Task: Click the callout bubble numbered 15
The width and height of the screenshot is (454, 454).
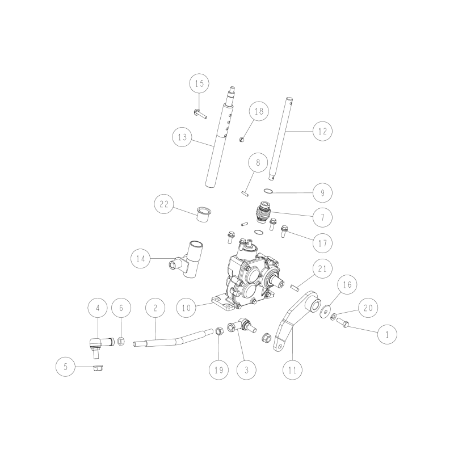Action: (x=199, y=85)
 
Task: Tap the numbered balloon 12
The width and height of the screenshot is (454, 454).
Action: (x=322, y=131)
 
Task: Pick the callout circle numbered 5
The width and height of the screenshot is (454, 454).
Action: (x=65, y=367)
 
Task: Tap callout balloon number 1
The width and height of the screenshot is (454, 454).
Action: (x=388, y=335)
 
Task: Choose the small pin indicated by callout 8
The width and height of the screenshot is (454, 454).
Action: (x=245, y=193)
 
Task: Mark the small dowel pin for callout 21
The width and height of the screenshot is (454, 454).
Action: (x=294, y=286)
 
